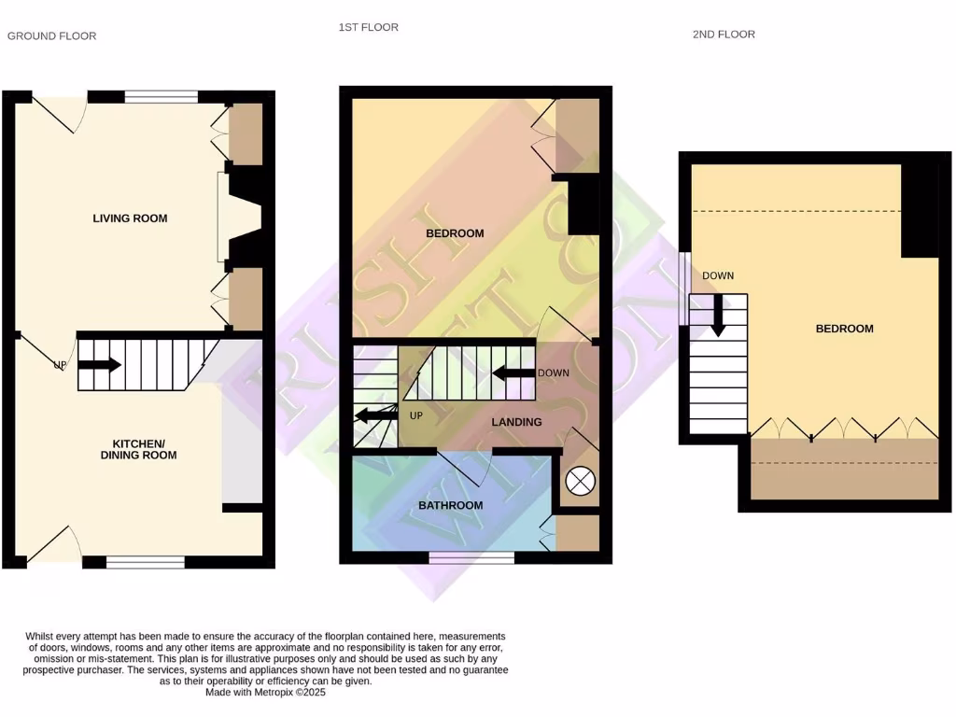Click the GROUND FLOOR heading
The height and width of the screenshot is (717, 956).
pyautogui.click(x=52, y=36)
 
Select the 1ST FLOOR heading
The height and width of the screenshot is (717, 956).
pyautogui.click(x=368, y=28)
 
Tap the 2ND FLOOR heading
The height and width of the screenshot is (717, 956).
pyautogui.click(x=724, y=35)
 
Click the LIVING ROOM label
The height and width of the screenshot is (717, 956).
pyautogui.click(x=130, y=218)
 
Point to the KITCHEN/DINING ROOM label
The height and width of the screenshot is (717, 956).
pyautogui.click(x=145, y=449)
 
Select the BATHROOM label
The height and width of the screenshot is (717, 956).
pyautogui.click(x=450, y=506)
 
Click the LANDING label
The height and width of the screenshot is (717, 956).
pyautogui.click(x=516, y=422)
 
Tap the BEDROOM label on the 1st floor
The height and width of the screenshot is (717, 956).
pyautogui.click(x=455, y=233)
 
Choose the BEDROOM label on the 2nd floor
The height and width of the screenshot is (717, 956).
pyautogui.click(x=844, y=329)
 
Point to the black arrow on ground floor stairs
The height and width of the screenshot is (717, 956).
pyautogui.click(x=100, y=365)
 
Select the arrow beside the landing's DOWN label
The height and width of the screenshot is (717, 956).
pyautogui.click(x=513, y=373)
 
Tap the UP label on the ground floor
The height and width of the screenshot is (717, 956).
pyautogui.click(x=60, y=365)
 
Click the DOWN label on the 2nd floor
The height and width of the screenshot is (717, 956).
pyautogui.click(x=718, y=275)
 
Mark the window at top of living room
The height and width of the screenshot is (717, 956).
pyautogui.click(x=161, y=96)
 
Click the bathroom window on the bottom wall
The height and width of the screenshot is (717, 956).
pyautogui.click(x=471, y=557)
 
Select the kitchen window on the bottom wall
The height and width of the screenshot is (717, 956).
pyautogui.click(x=145, y=562)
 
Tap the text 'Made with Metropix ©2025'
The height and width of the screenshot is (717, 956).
pyautogui.click(x=265, y=692)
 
